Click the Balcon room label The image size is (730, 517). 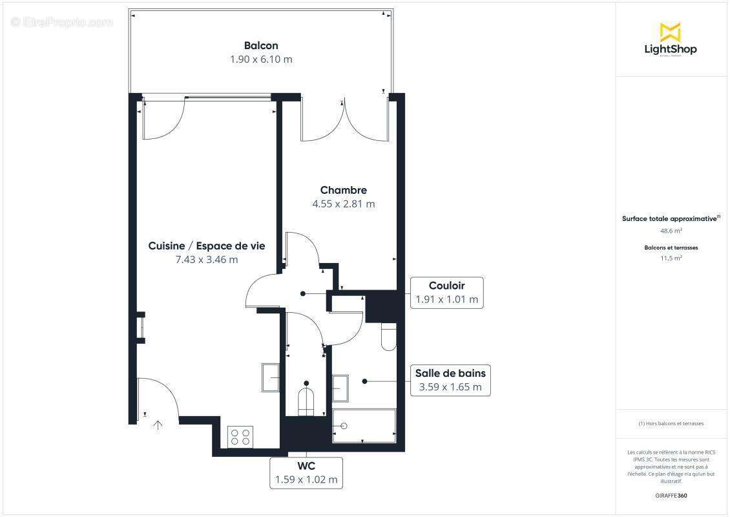pos(261,45)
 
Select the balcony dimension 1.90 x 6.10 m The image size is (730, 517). pos(261,59)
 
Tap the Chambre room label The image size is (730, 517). pos(343,190)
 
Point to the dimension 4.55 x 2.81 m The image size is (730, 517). pos(343,204)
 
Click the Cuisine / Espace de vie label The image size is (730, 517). pos(207,246)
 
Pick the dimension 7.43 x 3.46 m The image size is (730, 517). pos(207,260)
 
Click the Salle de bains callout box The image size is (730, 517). pos(450,380)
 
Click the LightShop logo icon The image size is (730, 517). pos(670,32)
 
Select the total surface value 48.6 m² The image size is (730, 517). pos(671,230)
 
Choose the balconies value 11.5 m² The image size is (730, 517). pos(671,258)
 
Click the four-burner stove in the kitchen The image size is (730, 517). pos(241,437)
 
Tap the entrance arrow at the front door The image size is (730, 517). pos(158,425)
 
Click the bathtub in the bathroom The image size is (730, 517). pos(364,426)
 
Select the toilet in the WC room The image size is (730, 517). pos(306,401)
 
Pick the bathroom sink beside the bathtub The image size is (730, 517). pos(340,388)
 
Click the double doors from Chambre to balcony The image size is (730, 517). pos(345,120)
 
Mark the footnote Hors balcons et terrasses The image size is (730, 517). pos(671,424)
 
